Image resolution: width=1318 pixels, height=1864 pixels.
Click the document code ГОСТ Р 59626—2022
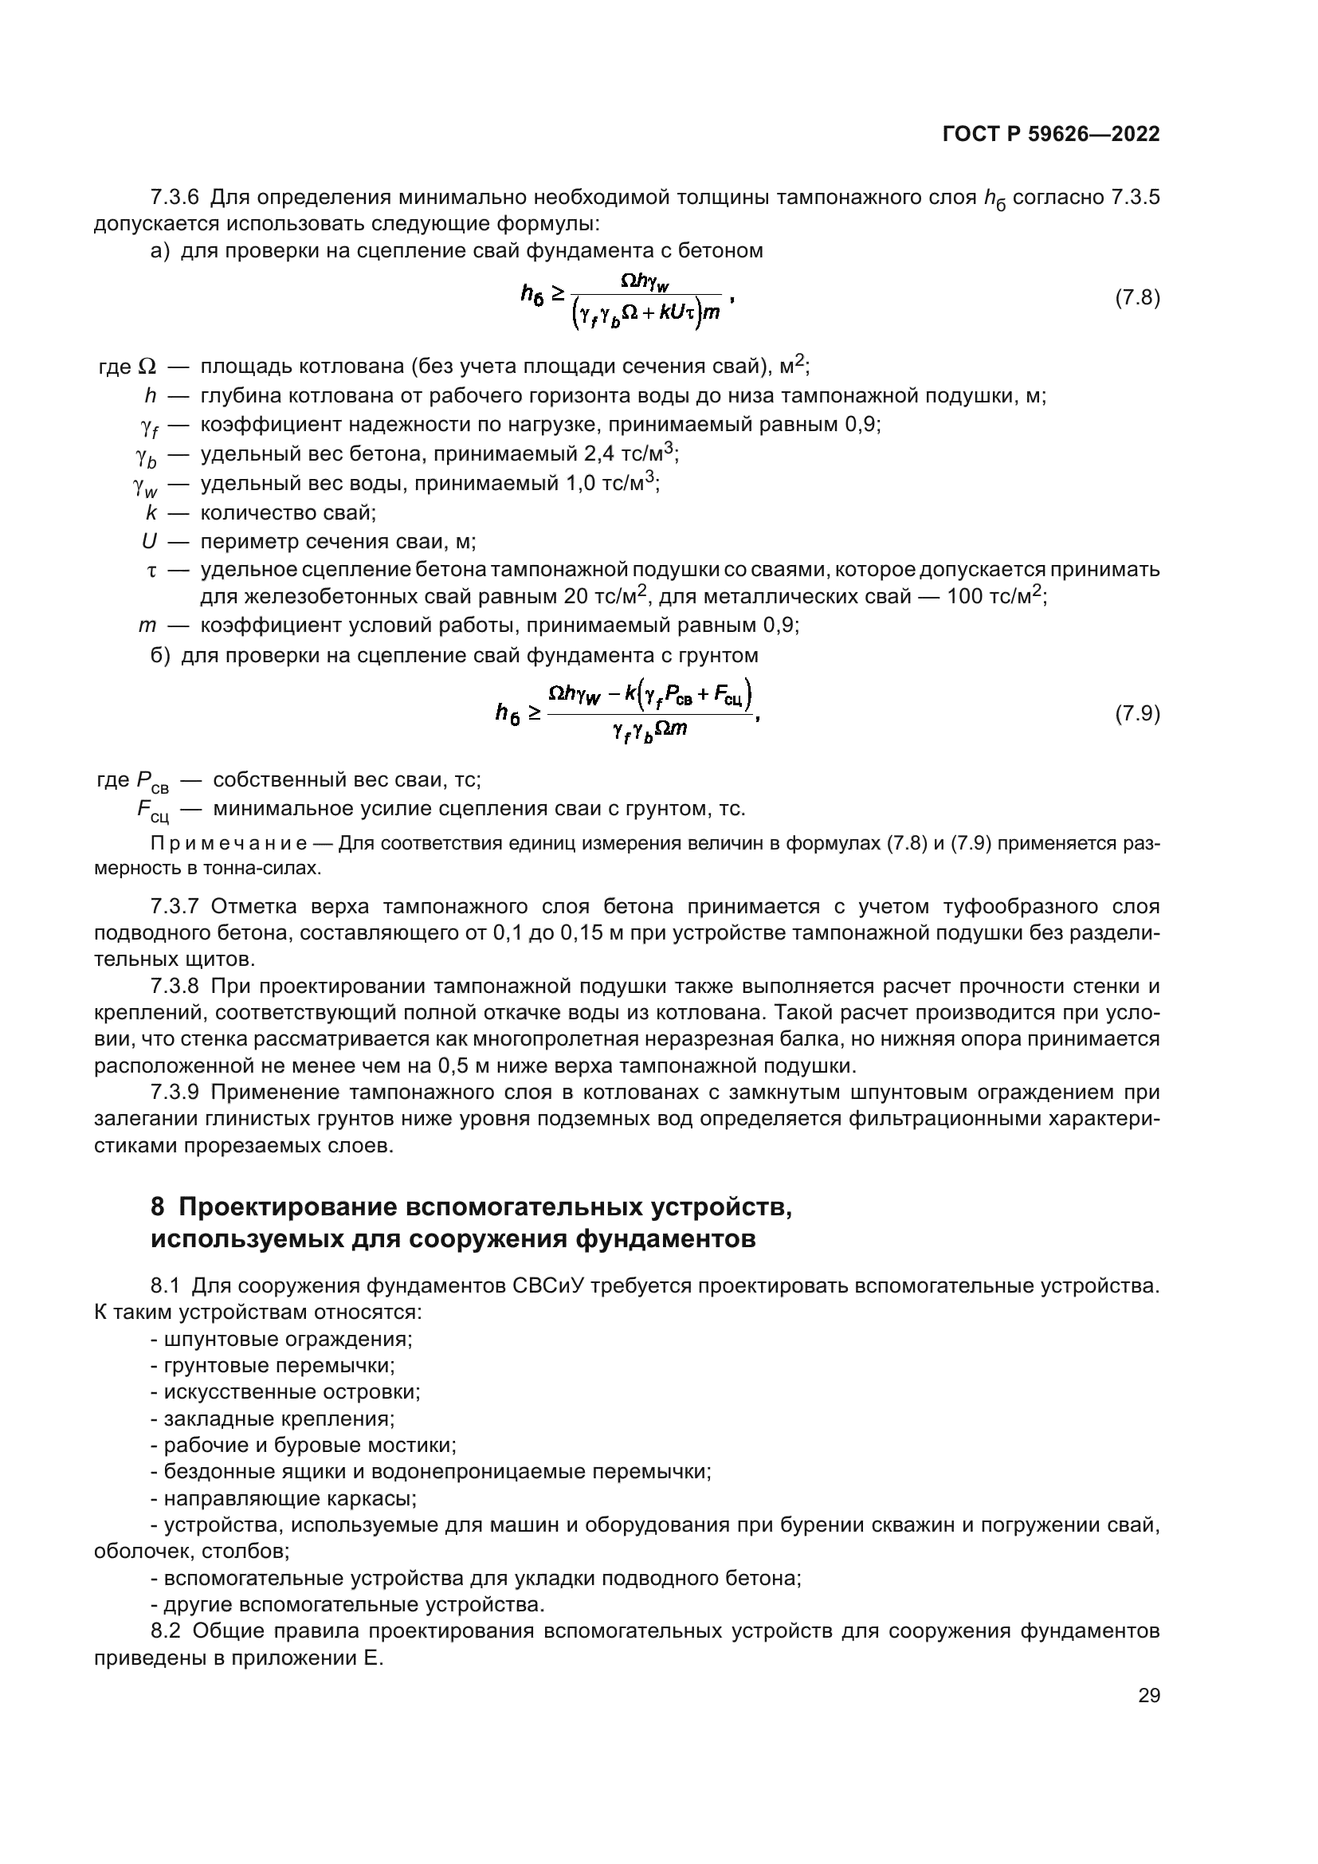pos(1051,135)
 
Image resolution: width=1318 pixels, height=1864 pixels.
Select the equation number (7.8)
pos(1137,298)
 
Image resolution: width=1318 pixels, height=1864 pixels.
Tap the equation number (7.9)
pos(1137,713)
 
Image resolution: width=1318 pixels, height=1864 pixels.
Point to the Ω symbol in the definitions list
pos(147,367)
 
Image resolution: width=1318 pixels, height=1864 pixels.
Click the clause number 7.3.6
pos(175,198)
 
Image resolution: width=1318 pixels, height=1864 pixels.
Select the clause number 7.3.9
pos(175,1092)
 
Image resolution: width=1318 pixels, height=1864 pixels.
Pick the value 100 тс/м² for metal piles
pos(995,598)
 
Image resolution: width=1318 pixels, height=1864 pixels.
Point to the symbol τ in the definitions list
pos(151,571)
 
